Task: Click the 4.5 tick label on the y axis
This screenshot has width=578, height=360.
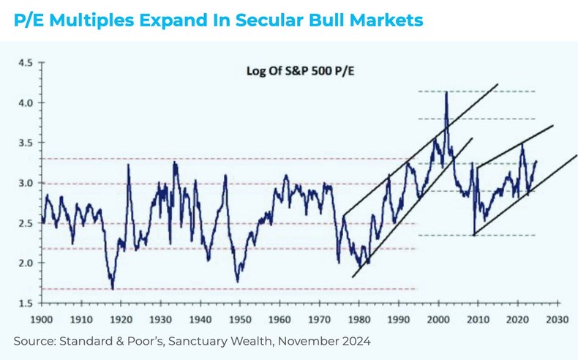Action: (x=26, y=63)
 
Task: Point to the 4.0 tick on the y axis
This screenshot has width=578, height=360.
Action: (x=26, y=103)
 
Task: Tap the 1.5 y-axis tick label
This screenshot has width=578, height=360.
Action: (x=26, y=303)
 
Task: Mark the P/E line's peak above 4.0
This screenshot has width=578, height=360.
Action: (x=446, y=92)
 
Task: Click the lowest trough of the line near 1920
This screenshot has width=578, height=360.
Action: (x=113, y=288)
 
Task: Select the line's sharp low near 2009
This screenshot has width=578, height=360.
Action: (x=474, y=234)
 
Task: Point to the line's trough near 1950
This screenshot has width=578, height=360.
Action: (x=237, y=281)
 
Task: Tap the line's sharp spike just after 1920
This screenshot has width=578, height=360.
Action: (x=129, y=165)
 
